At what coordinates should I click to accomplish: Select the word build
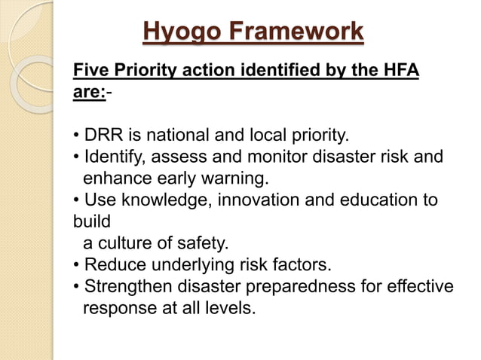click(91, 223)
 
